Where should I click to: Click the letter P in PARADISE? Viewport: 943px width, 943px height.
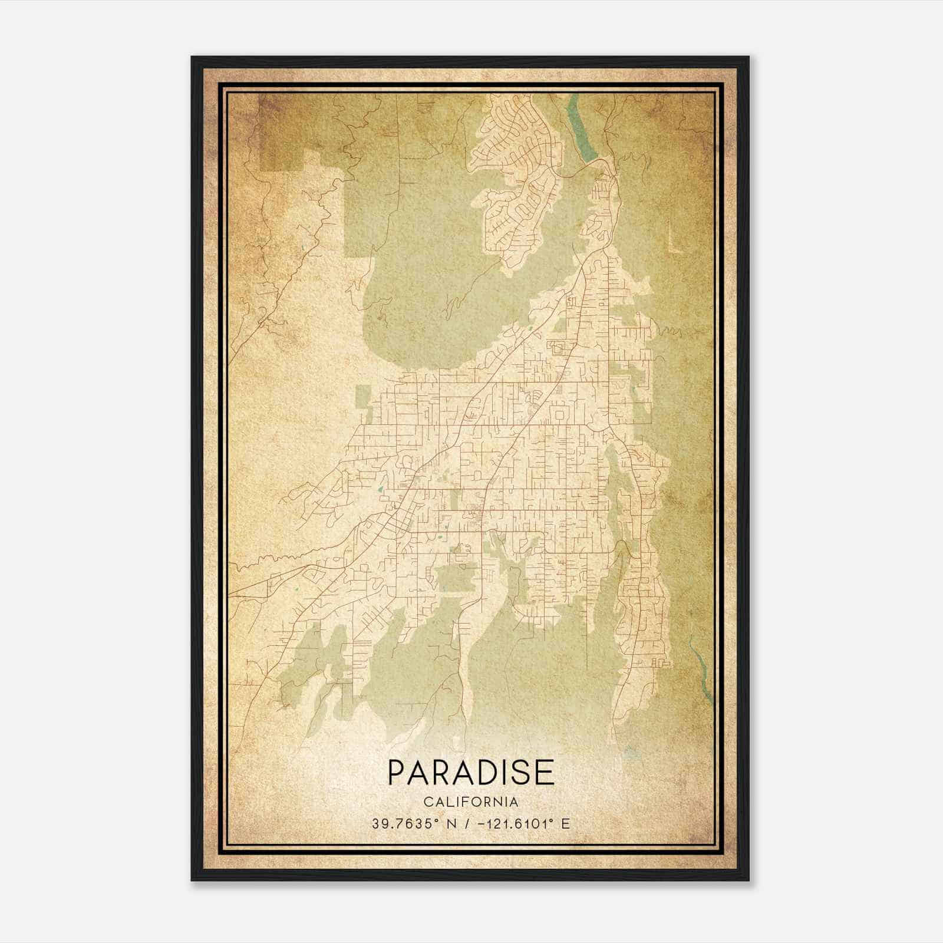[x=396, y=773]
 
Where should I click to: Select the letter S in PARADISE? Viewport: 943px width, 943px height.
[x=522, y=773]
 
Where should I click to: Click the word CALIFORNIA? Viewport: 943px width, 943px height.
[x=471, y=802]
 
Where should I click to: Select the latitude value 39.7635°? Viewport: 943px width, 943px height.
[x=405, y=823]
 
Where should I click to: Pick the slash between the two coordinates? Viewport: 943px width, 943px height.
[x=467, y=823]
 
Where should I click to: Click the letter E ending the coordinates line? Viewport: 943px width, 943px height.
[x=566, y=823]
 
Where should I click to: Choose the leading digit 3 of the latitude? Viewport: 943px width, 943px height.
[x=375, y=823]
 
